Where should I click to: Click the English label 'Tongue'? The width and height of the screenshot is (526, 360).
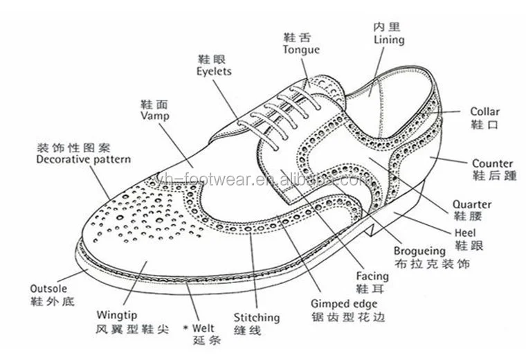click(x=301, y=50)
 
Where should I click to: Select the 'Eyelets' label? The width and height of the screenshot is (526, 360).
click(x=214, y=71)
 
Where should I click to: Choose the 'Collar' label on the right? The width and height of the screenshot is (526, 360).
click(x=484, y=111)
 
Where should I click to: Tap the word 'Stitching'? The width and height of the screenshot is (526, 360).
click(x=256, y=318)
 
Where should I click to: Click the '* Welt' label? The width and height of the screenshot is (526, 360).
click(x=199, y=327)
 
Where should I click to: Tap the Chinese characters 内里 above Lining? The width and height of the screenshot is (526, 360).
click(x=386, y=28)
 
